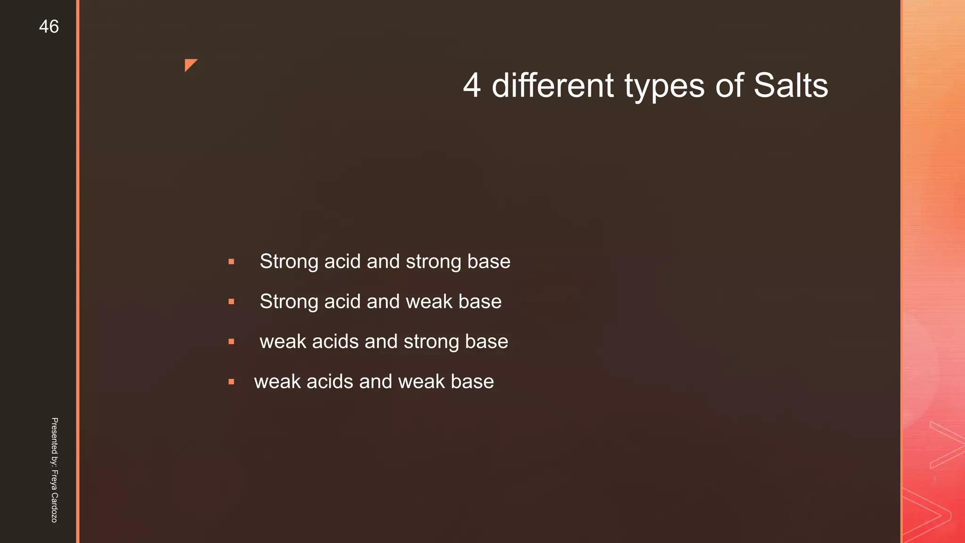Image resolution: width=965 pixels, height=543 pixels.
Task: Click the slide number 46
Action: (x=49, y=27)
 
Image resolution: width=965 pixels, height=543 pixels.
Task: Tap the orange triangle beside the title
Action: (x=189, y=64)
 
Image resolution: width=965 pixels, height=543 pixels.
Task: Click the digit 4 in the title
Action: (x=472, y=86)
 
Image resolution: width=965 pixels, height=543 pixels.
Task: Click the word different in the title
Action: (x=552, y=86)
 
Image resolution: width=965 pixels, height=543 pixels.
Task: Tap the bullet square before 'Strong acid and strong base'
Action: (x=231, y=262)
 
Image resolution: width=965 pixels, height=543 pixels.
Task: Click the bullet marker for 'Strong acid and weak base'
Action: (x=231, y=302)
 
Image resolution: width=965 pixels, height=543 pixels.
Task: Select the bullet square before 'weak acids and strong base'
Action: (x=231, y=342)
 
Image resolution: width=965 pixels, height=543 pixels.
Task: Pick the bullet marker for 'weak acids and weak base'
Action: (x=231, y=382)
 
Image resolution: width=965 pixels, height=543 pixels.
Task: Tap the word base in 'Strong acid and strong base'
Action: (x=488, y=262)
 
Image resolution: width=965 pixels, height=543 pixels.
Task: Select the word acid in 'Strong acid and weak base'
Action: (x=342, y=302)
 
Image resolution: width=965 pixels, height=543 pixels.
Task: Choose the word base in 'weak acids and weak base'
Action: (x=472, y=382)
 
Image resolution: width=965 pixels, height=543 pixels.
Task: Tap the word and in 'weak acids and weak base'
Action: (x=375, y=382)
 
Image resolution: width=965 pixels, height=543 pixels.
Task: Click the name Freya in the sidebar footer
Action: (x=54, y=480)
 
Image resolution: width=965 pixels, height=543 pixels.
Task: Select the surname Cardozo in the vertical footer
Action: (x=54, y=507)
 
